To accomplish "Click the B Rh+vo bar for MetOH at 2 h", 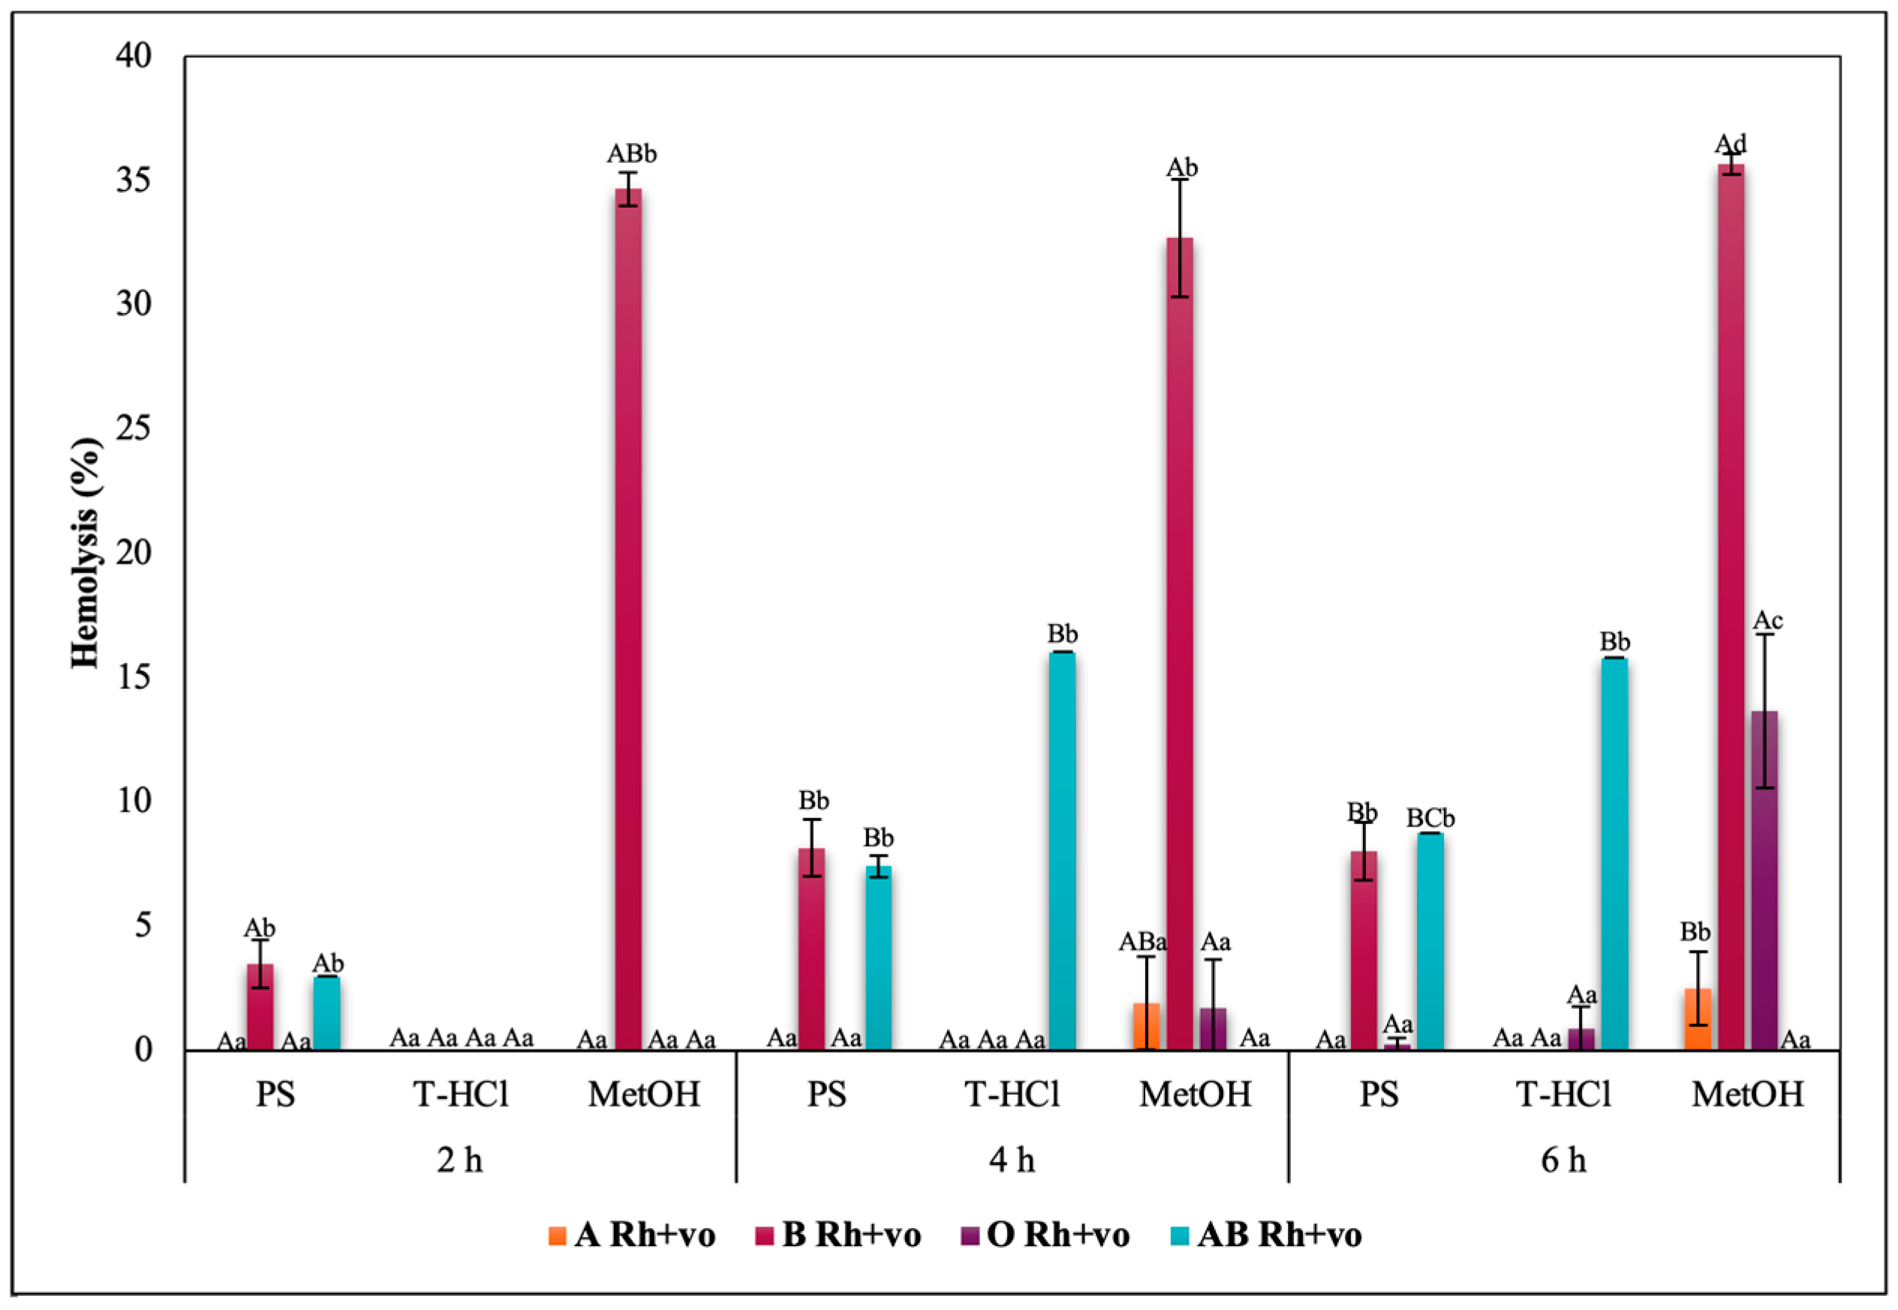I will click(628, 620).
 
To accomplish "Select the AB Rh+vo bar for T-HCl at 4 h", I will click(1060, 851).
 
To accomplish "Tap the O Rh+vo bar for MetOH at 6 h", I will click(1764, 880).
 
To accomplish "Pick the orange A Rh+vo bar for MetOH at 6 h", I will click(1697, 1019).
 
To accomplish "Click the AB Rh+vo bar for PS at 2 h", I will click(326, 1013).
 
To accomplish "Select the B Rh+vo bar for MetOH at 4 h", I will click(1180, 644).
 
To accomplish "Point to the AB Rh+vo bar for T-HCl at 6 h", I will click(1614, 854).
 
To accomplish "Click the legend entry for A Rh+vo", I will click(632, 1235).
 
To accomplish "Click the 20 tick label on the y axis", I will click(134, 552).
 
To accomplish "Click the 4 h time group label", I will click(1012, 1160).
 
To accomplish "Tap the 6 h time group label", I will click(1563, 1160).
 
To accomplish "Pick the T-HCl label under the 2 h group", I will click(461, 1094).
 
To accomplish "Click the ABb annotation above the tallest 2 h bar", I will click(631, 154).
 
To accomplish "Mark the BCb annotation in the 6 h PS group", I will click(1430, 819).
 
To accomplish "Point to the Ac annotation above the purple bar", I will click(1767, 620).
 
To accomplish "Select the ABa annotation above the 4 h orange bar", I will click(1143, 942).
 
